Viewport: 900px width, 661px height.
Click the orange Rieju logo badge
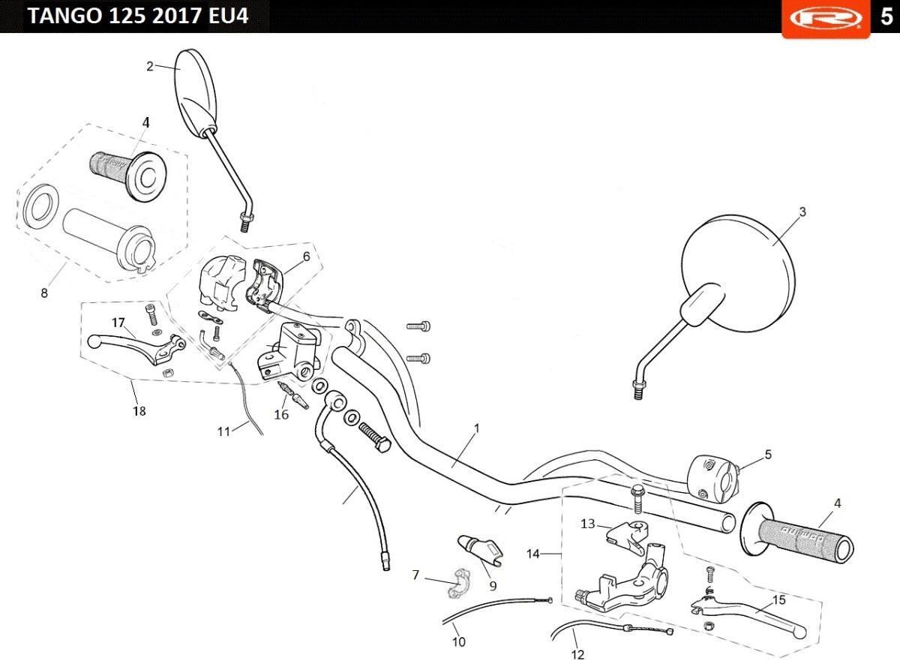pyautogui.click(x=826, y=19)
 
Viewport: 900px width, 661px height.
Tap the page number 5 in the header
pyautogui.click(x=886, y=17)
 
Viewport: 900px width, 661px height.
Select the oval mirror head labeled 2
pyautogui.click(x=196, y=93)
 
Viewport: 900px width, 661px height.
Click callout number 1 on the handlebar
pyautogui.click(x=477, y=428)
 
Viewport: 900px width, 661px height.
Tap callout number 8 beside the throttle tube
pyautogui.click(x=44, y=293)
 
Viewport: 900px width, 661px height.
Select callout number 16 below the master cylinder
pyautogui.click(x=281, y=414)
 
